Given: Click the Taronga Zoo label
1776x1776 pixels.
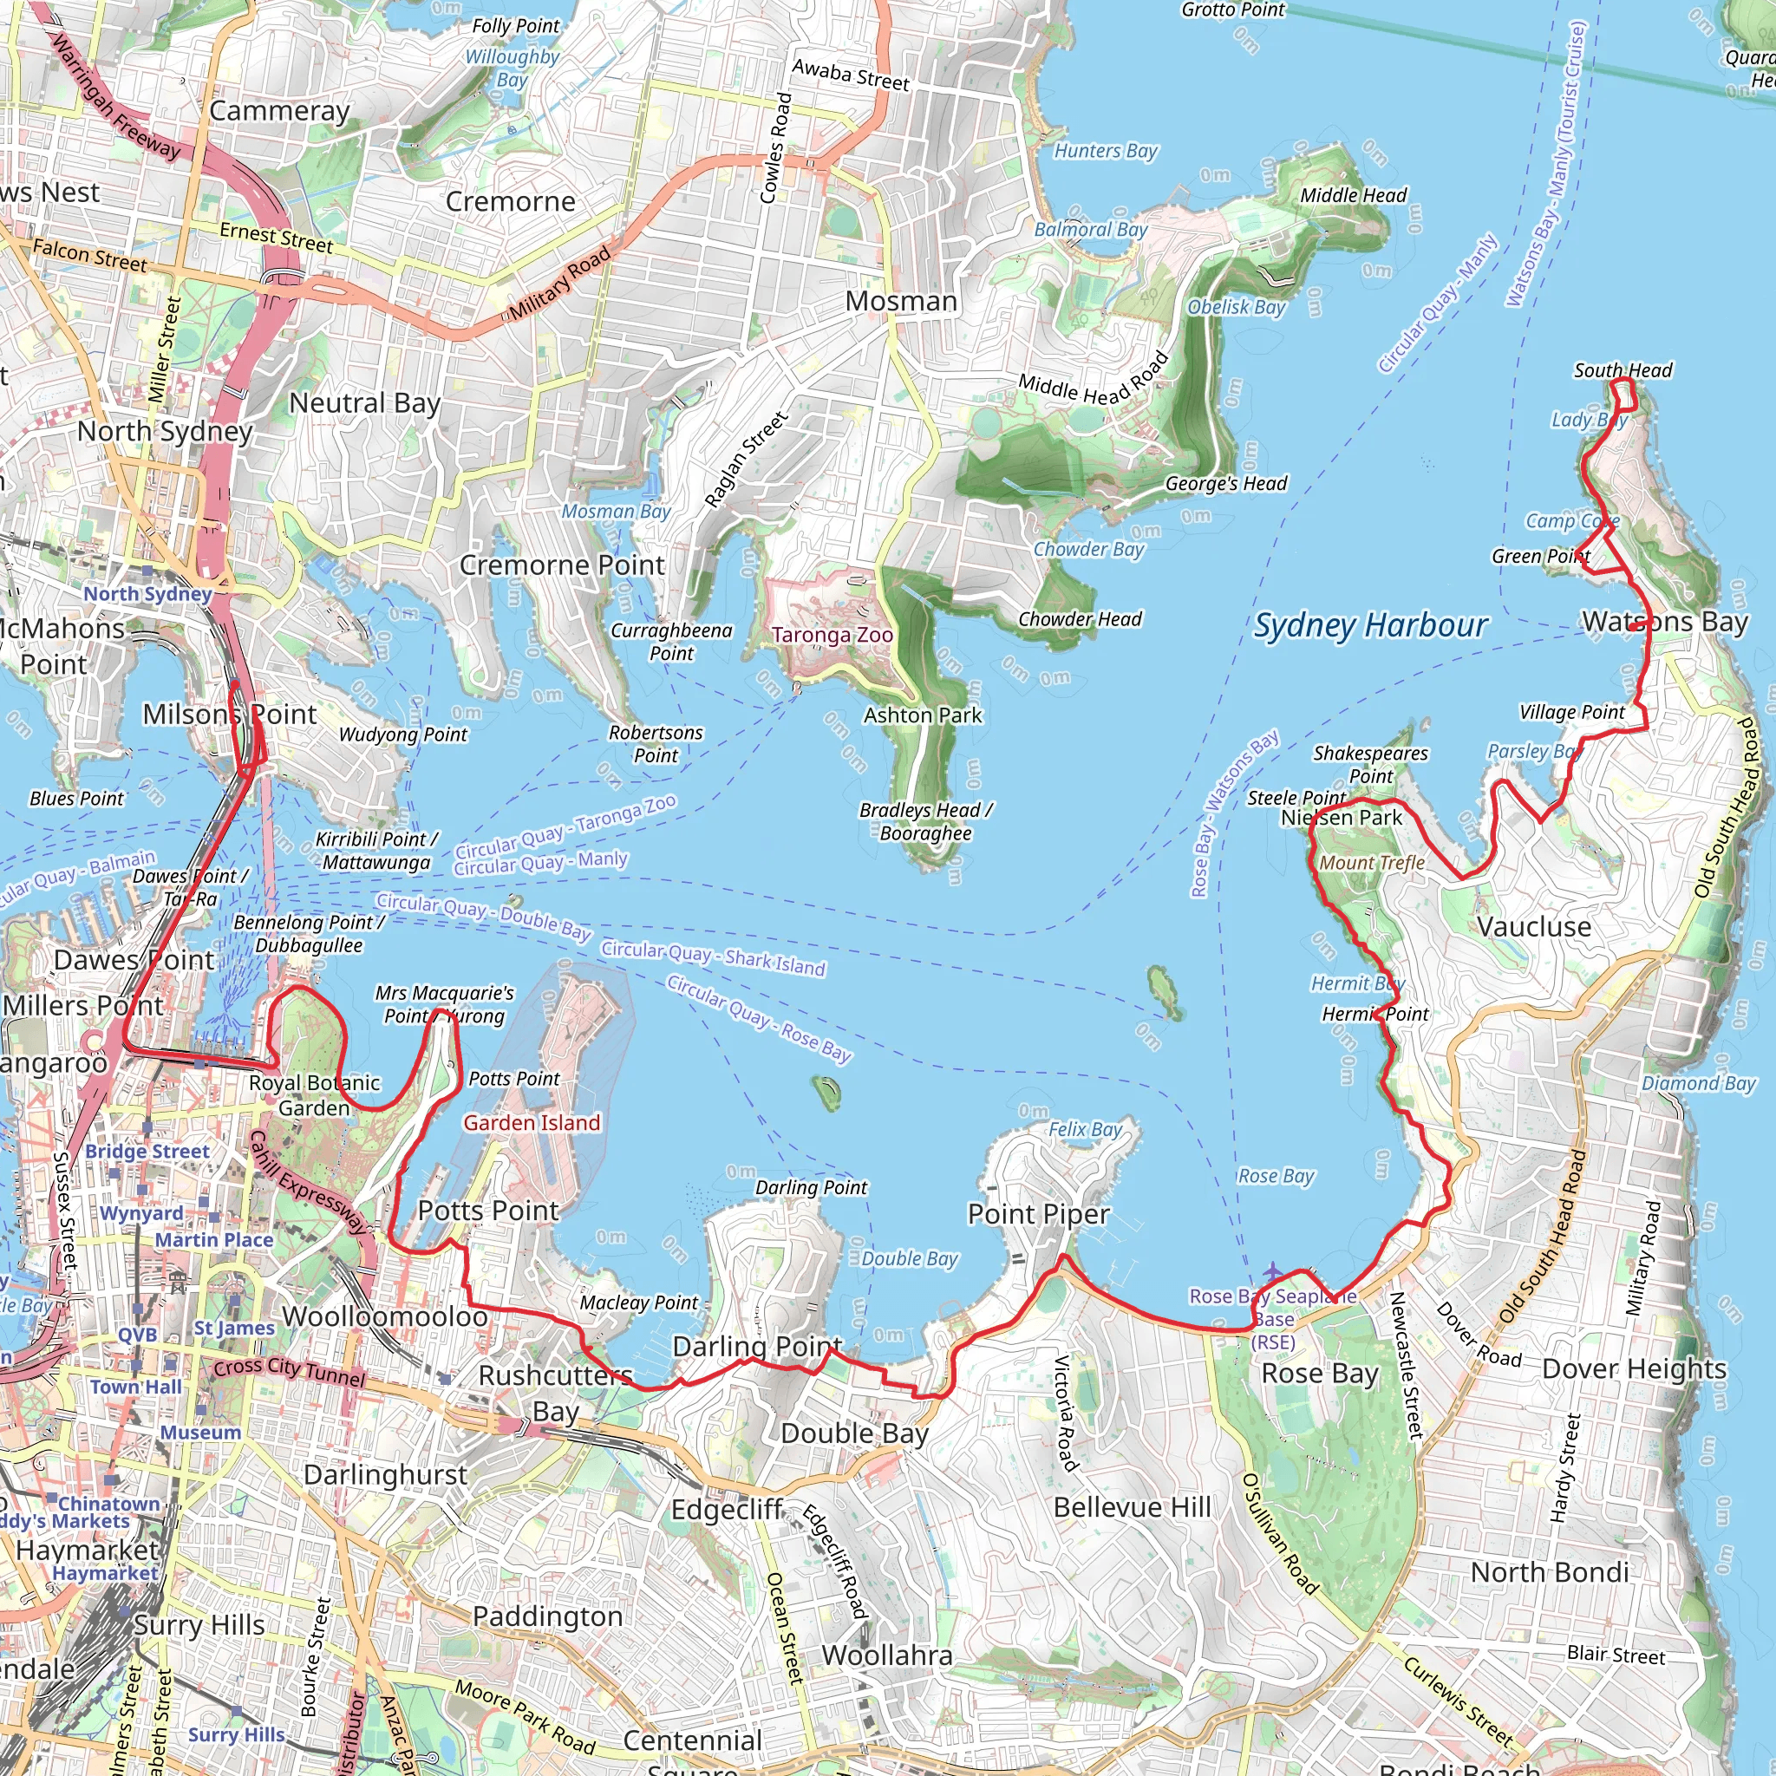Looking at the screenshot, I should click(x=832, y=635).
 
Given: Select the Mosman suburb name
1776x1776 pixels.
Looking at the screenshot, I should click(x=901, y=302).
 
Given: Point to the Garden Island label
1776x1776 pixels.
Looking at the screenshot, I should click(x=532, y=1122).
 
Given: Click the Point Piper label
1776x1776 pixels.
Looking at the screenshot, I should click(x=1039, y=1214).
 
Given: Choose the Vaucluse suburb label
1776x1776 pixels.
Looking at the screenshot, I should click(x=1533, y=927).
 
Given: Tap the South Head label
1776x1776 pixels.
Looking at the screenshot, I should click(x=1623, y=370).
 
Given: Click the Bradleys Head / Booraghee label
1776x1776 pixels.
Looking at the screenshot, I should click(x=925, y=822).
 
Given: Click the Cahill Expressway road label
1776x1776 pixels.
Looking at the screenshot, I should click(x=307, y=1182).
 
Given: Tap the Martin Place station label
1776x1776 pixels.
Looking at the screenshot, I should click(x=213, y=1240).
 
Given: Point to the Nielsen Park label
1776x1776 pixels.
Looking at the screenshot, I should click(x=1342, y=818).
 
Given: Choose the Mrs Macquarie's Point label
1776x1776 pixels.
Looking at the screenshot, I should click(x=444, y=1004).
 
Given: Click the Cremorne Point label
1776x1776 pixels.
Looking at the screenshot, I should click(x=561, y=565).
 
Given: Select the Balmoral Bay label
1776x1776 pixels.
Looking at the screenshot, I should click(x=1090, y=230).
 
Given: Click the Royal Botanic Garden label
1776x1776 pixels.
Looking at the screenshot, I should click(x=315, y=1095).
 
